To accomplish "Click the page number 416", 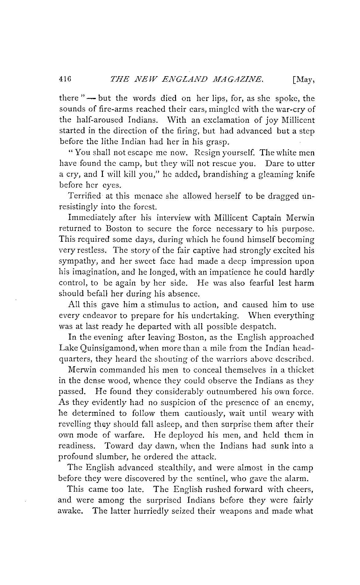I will pyautogui.click(x=65, y=80).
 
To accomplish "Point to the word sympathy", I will pyautogui.click(x=76, y=262).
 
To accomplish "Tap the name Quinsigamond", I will pyautogui.click(x=104, y=348).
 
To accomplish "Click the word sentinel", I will pyautogui.click(x=210, y=479).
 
